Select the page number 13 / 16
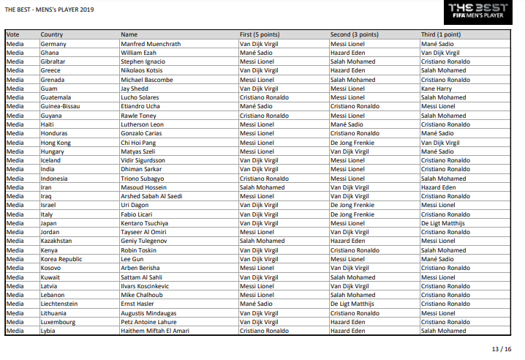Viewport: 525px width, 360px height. point(501,350)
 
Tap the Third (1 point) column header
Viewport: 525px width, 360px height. point(441,34)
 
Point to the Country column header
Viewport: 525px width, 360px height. point(52,34)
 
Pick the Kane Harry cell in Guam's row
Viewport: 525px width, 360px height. point(437,89)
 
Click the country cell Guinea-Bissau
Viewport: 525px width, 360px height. point(61,106)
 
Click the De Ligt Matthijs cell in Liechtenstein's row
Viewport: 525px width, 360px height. point(352,304)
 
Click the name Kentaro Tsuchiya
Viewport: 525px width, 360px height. point(145,223)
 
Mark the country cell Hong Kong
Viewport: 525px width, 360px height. point(56,142)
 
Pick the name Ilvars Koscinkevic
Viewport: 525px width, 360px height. point(145,286)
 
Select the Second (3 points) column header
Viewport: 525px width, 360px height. point(355,34)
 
